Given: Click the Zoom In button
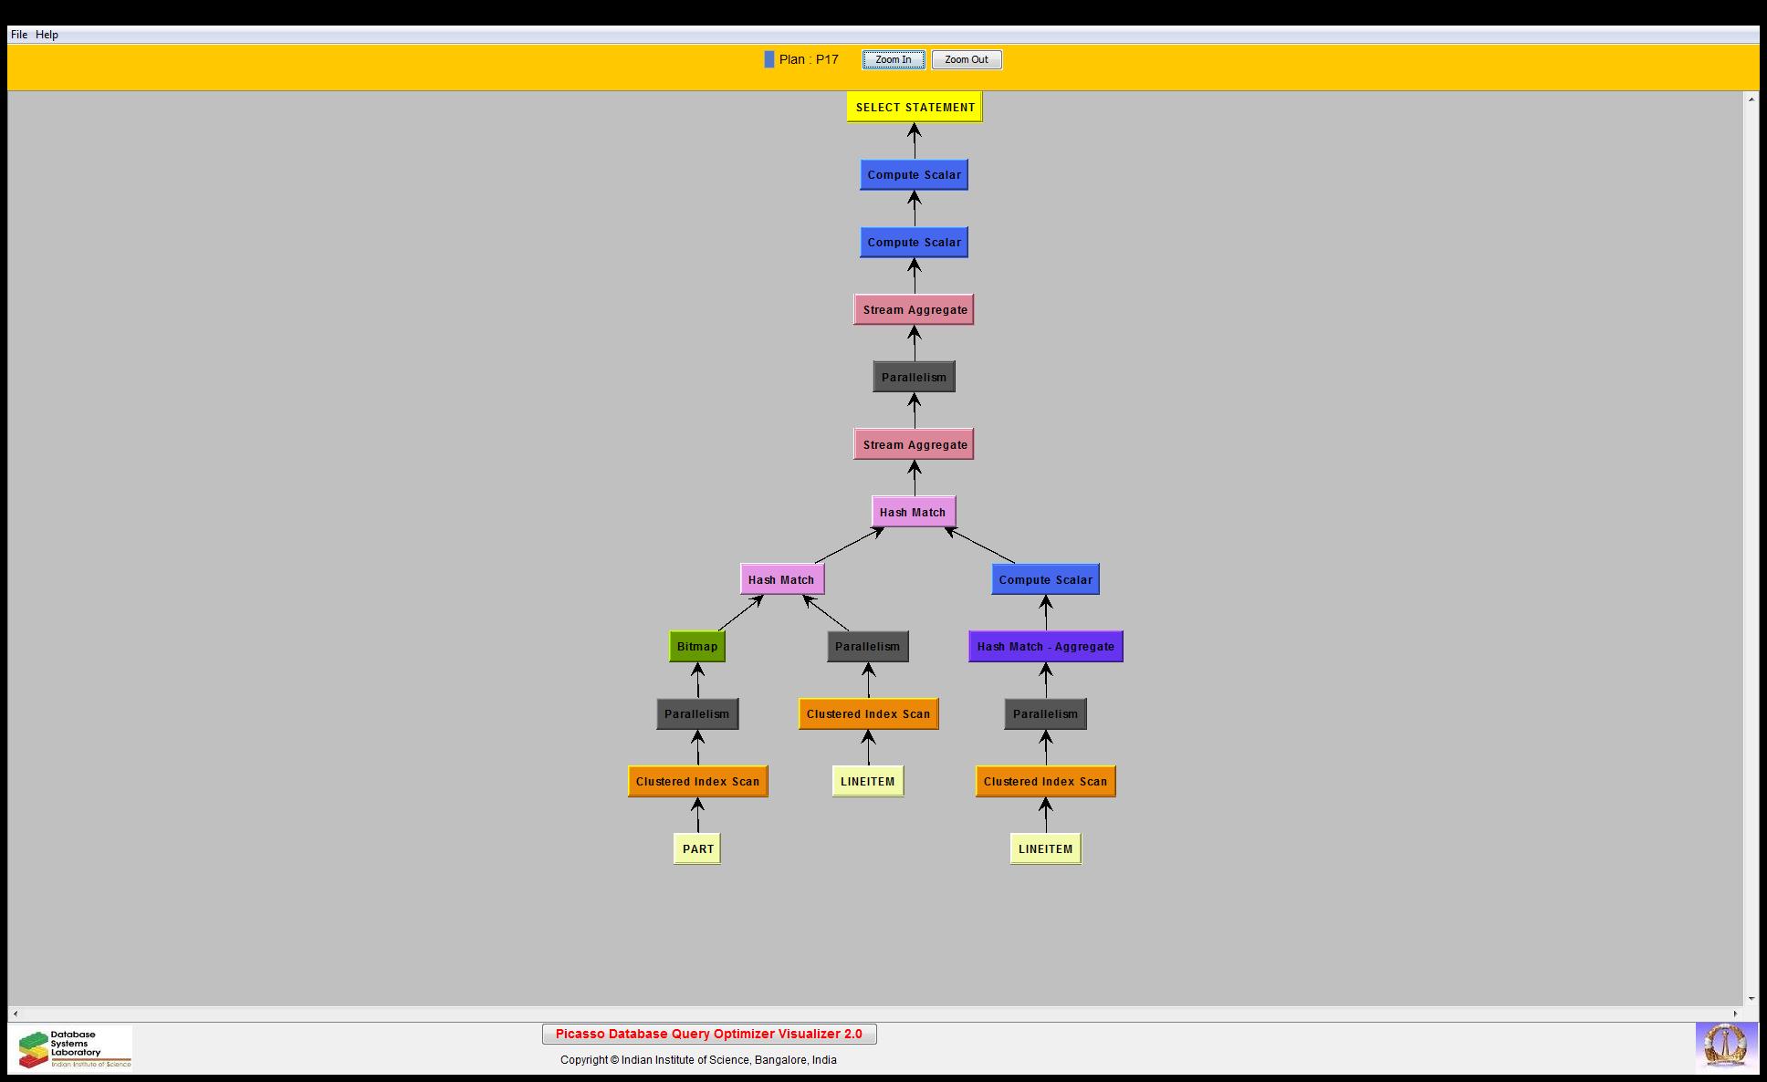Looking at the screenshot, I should (893, 60).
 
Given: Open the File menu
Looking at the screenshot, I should (19, 35).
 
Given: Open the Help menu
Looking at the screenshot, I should (47, 35).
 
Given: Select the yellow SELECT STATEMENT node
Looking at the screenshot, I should (915, 108).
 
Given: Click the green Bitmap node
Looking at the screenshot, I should (697, 647).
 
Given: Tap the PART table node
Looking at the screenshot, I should (697, 848).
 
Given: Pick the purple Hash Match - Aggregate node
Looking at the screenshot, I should (1045, 647).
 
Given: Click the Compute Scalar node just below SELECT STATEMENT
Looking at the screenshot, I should (914, 175).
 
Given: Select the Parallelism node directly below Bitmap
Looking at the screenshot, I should (697, 714).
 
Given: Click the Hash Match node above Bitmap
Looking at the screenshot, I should (781, 579).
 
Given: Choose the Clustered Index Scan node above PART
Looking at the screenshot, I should (697, 782).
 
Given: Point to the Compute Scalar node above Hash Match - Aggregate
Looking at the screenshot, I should (1045, 579).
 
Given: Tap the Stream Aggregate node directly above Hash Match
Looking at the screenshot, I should (914, 445).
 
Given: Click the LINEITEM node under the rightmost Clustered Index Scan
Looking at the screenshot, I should (1045, 848).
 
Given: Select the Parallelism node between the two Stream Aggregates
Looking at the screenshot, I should (914, 378).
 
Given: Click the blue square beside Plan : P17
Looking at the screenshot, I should (769, 60).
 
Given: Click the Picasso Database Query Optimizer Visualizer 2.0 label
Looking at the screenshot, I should (709, 1034).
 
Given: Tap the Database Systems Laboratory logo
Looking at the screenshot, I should (72, 1048).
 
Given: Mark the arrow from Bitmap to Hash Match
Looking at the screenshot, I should (740, 613).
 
